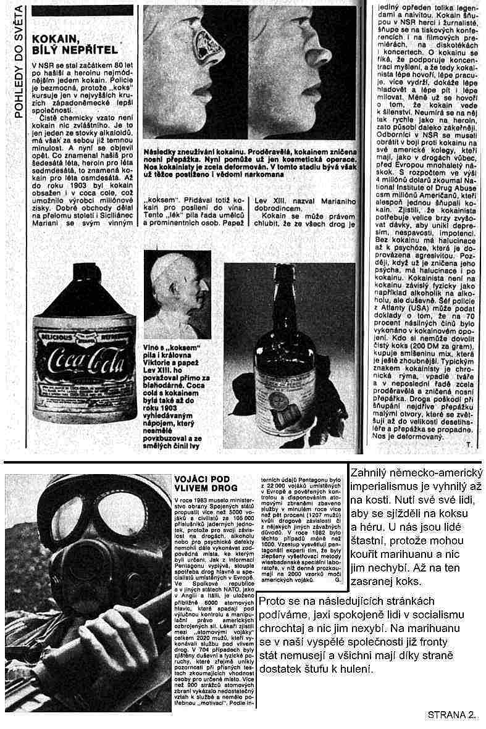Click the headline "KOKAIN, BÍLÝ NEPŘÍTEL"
[73, 43]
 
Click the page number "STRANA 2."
[451, 715]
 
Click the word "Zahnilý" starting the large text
[371, 473]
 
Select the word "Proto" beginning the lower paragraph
[273, 601]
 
